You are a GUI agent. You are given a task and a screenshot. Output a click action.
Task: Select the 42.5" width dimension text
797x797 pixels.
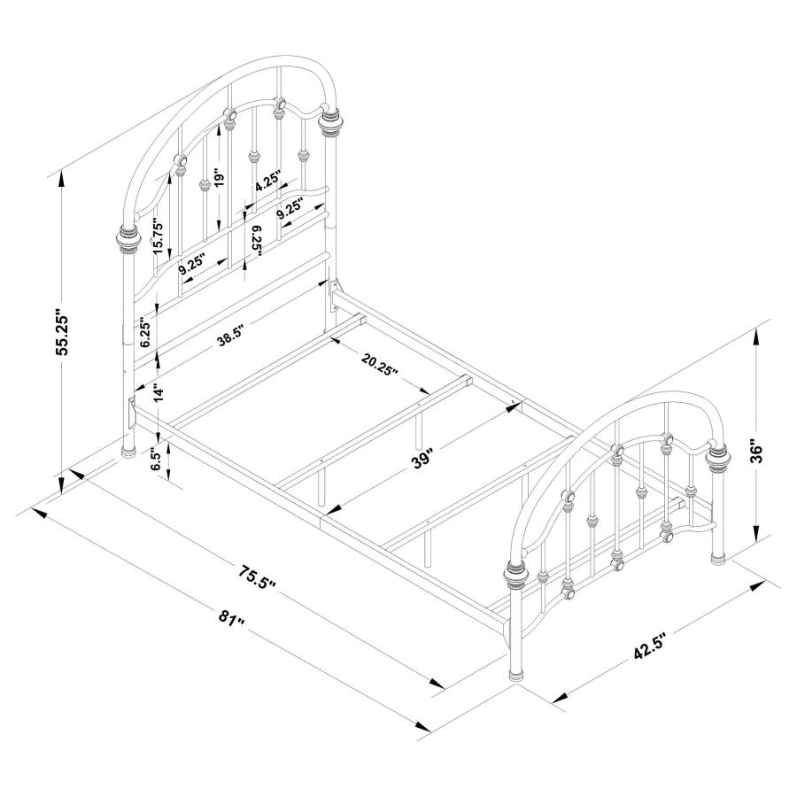[650, 646]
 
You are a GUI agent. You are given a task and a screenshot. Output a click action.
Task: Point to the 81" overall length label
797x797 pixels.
[232, 619]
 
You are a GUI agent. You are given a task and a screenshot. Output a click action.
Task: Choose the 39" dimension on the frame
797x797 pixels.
[423, 458]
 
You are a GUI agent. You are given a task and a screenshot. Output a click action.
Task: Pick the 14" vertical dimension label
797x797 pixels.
[159, 393]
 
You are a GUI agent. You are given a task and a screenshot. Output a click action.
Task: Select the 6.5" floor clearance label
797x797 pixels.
[157, 459]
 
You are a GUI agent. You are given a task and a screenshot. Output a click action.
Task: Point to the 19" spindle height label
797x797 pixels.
[219, 179]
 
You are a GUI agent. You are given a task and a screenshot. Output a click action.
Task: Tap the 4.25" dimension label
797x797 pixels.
[267, 182]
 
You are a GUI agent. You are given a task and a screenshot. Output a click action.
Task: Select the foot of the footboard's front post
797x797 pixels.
[516, 675]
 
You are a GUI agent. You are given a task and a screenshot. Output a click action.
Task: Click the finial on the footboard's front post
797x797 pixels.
[517, 575]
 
